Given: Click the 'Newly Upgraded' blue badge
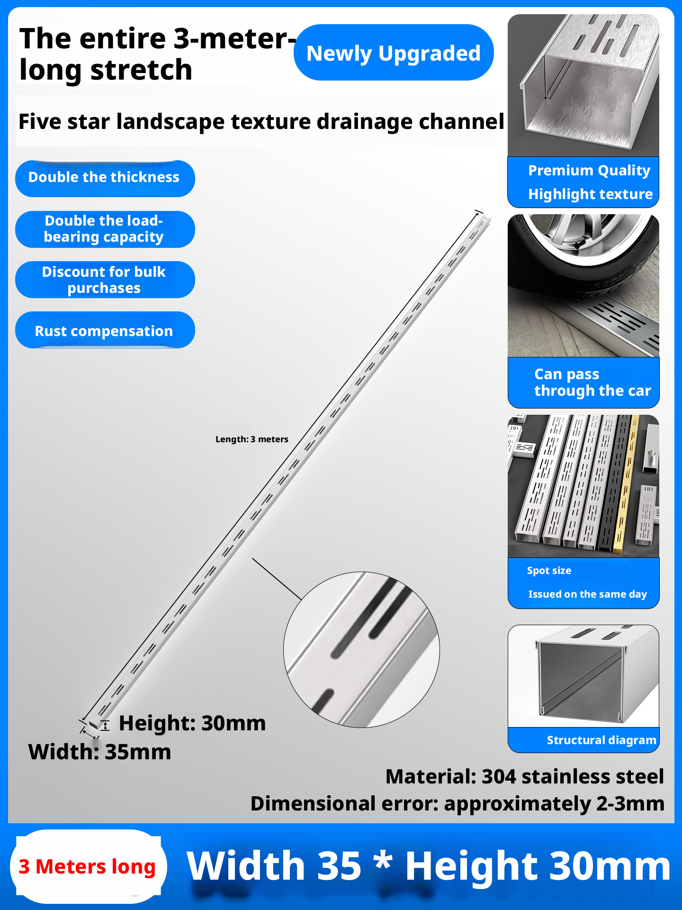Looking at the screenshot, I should click(393, 53).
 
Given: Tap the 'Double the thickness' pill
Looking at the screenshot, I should click(104, 178).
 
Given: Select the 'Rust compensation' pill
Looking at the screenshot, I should click(104, 330).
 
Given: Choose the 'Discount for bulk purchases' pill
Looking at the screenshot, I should click(104, 280).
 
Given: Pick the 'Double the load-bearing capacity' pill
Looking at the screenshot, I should click(104, 229).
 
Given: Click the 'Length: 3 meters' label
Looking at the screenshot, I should click(251, 439).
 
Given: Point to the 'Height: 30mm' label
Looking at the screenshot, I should click(192, 723).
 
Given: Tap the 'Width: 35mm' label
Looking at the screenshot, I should click(99, 752).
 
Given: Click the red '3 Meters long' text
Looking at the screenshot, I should click(87, 867).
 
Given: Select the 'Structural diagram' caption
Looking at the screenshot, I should click(601, 740).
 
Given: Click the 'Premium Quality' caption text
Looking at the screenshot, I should click(589, 170).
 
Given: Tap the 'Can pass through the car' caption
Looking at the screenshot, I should click(592, 382).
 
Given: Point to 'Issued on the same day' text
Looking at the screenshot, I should click(587, 594).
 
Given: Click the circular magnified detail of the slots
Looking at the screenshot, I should click(361, 649).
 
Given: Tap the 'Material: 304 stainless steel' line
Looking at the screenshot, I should click(524, 777).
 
